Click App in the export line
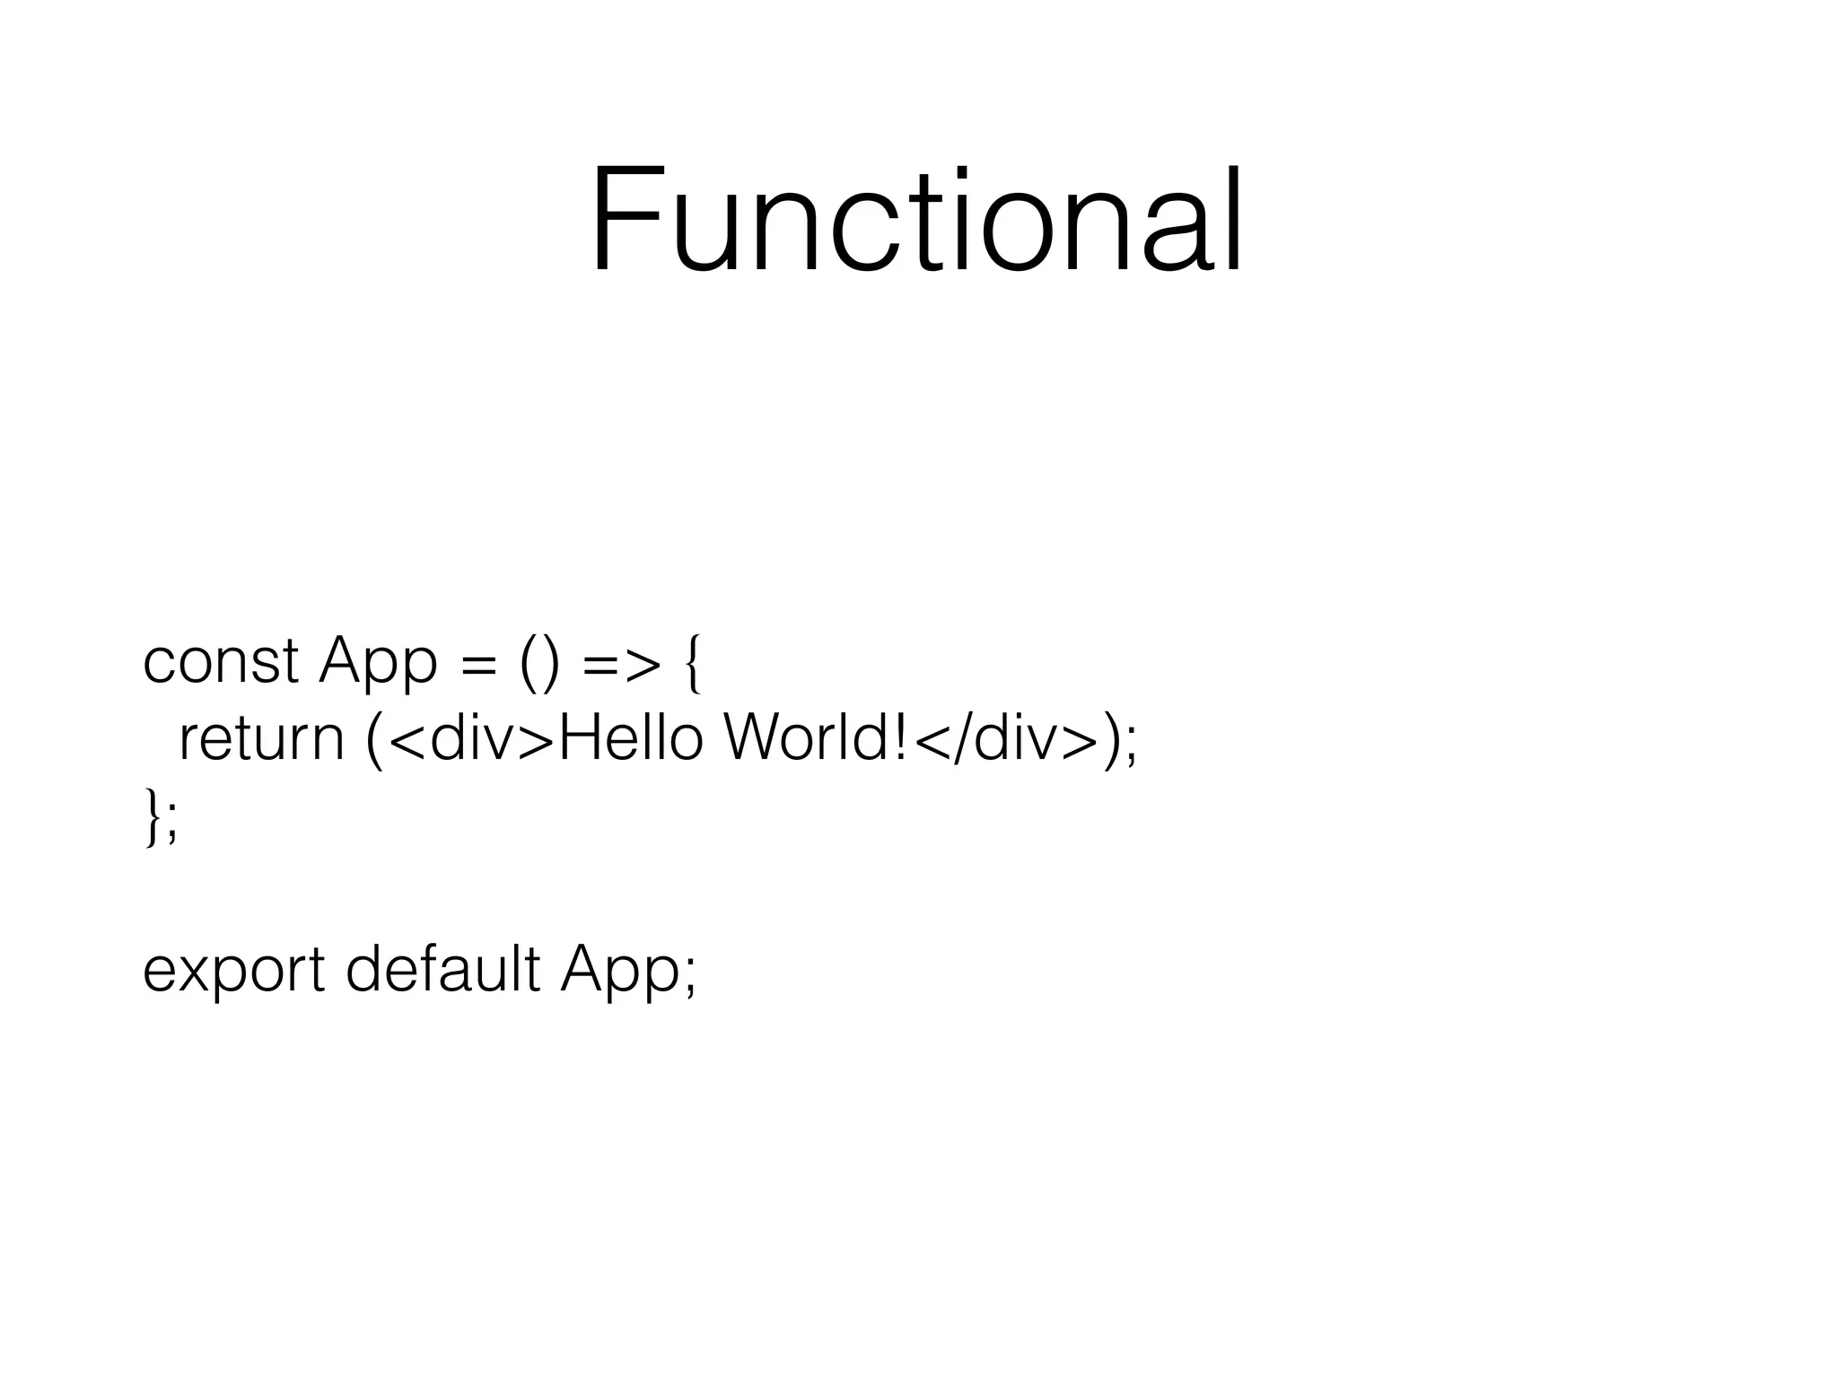tap(619, 972)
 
